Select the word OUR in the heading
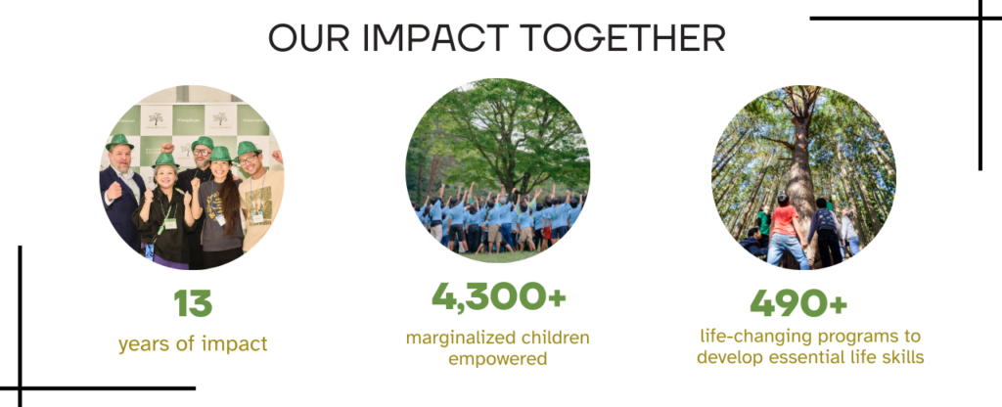tap(308, 38)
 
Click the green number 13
tap(193, 303)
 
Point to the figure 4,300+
tap(498, 295)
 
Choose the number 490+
tap(798, 302)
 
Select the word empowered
tap(498, 359)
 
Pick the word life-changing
tap(755, 337)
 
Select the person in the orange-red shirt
tap(786, 230)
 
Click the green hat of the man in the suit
tap(119, 142)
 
